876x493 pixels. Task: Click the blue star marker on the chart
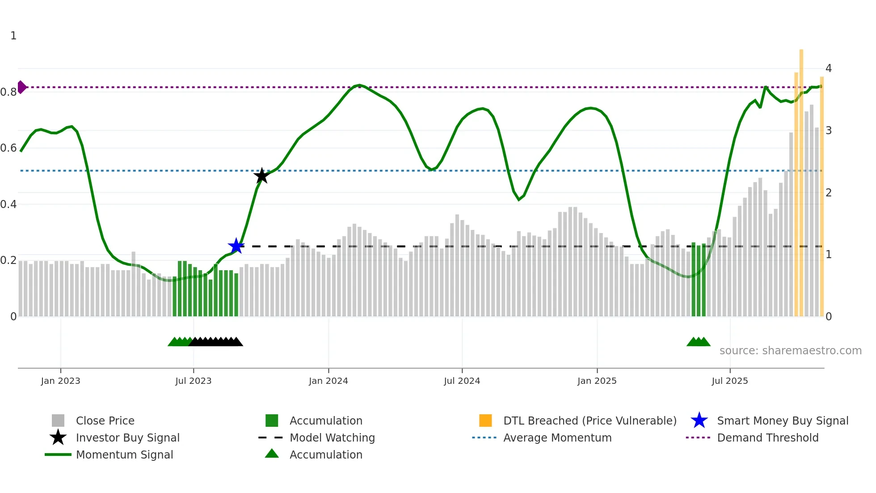(236, 246)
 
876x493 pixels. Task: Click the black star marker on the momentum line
(261, 176)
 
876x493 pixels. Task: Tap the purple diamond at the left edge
(21, 87)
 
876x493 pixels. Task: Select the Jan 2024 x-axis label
(328, 381)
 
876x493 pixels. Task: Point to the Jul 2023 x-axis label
(193, 381)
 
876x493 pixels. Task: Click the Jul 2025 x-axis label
(729, 381)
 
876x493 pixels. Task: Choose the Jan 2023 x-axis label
(60, 381)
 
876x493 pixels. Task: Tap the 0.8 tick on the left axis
(8, 92)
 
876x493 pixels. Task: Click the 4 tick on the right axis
(829, 68)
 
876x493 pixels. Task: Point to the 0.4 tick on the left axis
(8, 204)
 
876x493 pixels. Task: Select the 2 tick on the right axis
(829, 193)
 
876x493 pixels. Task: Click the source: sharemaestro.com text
(790, 351)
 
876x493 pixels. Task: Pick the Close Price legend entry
(105, 421)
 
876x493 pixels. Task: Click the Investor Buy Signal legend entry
(127, 438)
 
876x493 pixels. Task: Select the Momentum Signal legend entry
(124, 455)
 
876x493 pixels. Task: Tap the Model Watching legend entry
(332, 438)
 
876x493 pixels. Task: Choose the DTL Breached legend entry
(590, 421)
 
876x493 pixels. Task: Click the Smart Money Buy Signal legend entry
(783, 421)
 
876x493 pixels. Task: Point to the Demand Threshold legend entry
(767, 438)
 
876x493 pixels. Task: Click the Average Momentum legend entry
(557, 438)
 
